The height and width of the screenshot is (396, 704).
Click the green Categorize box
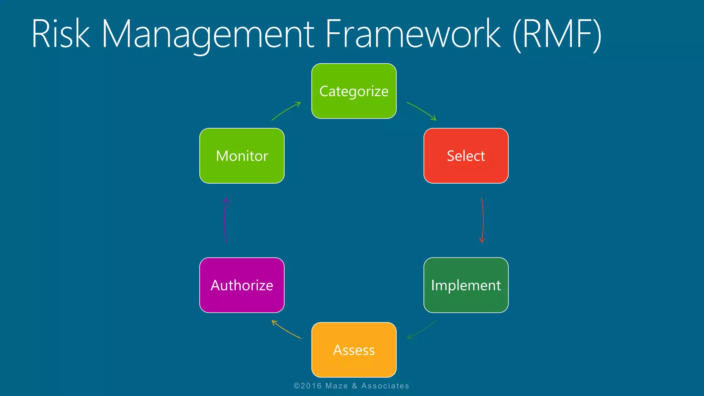(x=354, y=91)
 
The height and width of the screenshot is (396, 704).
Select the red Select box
(x=466, y=156)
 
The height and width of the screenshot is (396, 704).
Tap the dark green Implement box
(x=466, y=285)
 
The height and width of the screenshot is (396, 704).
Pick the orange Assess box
(x=354, y=350)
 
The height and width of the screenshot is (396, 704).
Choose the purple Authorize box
(x=242, y=285)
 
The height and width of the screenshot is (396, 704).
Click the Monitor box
(x=242, y=156)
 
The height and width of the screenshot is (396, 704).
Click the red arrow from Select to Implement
(x=483, y=220)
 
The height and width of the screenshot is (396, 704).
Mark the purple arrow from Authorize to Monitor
(x=225, y=220)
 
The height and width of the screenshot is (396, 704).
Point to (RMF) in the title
(x=557, y=34)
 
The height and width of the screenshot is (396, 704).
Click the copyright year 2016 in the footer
(x=311, y=386)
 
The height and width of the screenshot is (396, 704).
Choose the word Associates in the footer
(x=385, y=386)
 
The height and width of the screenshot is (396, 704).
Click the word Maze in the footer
(x=337, y=386)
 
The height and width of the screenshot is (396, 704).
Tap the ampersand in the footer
(x=354, y=386)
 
